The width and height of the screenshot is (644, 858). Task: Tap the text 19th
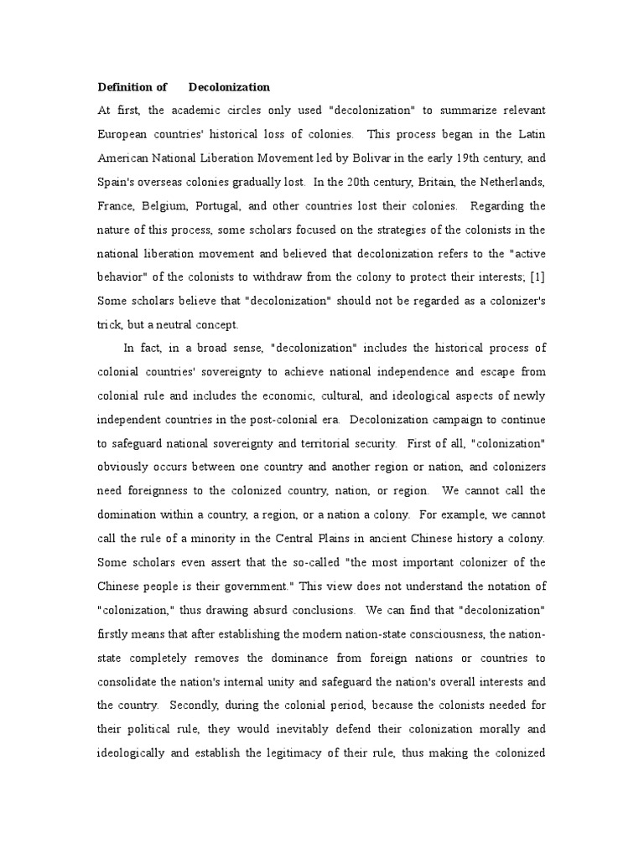click(457, 157)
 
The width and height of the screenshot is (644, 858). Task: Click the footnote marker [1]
click(534, 277)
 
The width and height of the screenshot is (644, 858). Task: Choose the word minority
click(243, 538)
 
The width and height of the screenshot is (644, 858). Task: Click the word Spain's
click(120, 181)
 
